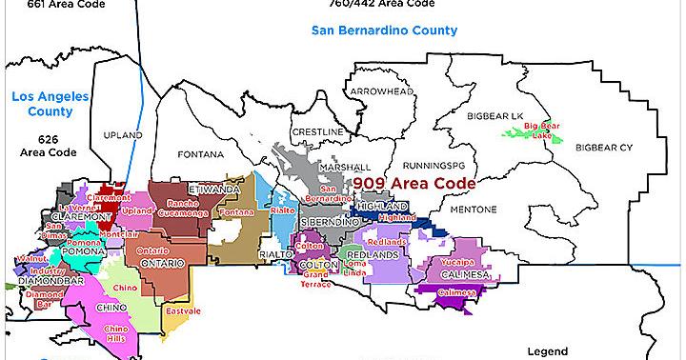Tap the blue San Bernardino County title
pyautogui.click(x=384, y=30)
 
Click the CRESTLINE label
pyautogui.click(x=317, y=130)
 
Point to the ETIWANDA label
pyautogui.click(x=215, y=190)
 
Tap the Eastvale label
pyautogui.click(x=181, y=310)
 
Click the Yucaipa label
pyautogui.click(x=456, y=260)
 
